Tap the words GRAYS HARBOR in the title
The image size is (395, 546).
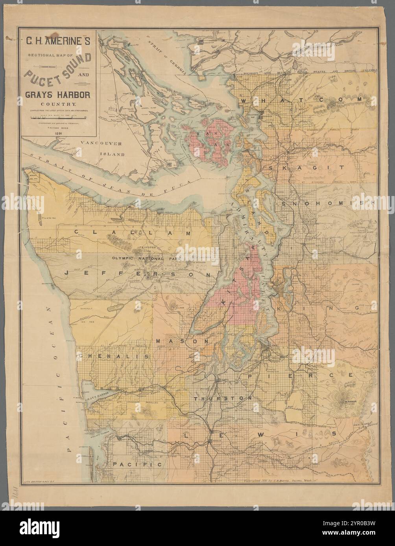[59, 95]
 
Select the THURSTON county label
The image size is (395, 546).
[223, 398]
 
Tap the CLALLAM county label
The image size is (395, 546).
[133, 233]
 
